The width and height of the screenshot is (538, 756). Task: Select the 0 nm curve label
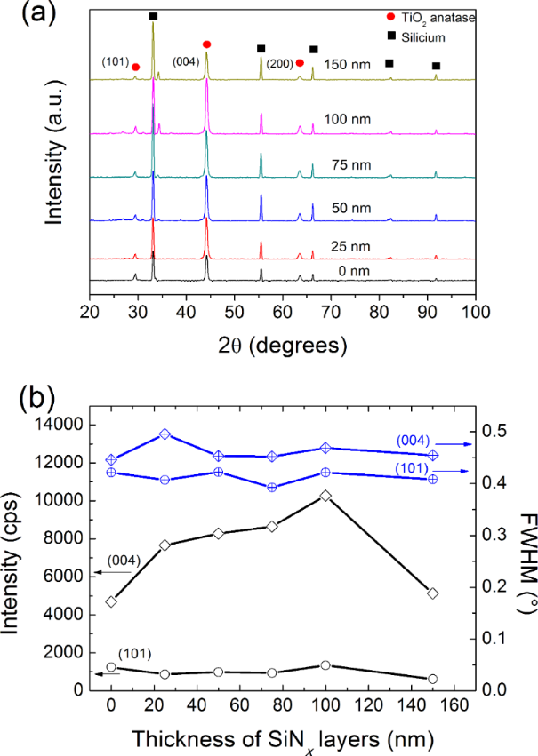click(x=346, y=267)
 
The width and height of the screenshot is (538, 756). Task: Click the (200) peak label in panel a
click(x=276, y=62)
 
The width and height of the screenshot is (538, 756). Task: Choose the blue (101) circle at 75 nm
click(x=272, y=487)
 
